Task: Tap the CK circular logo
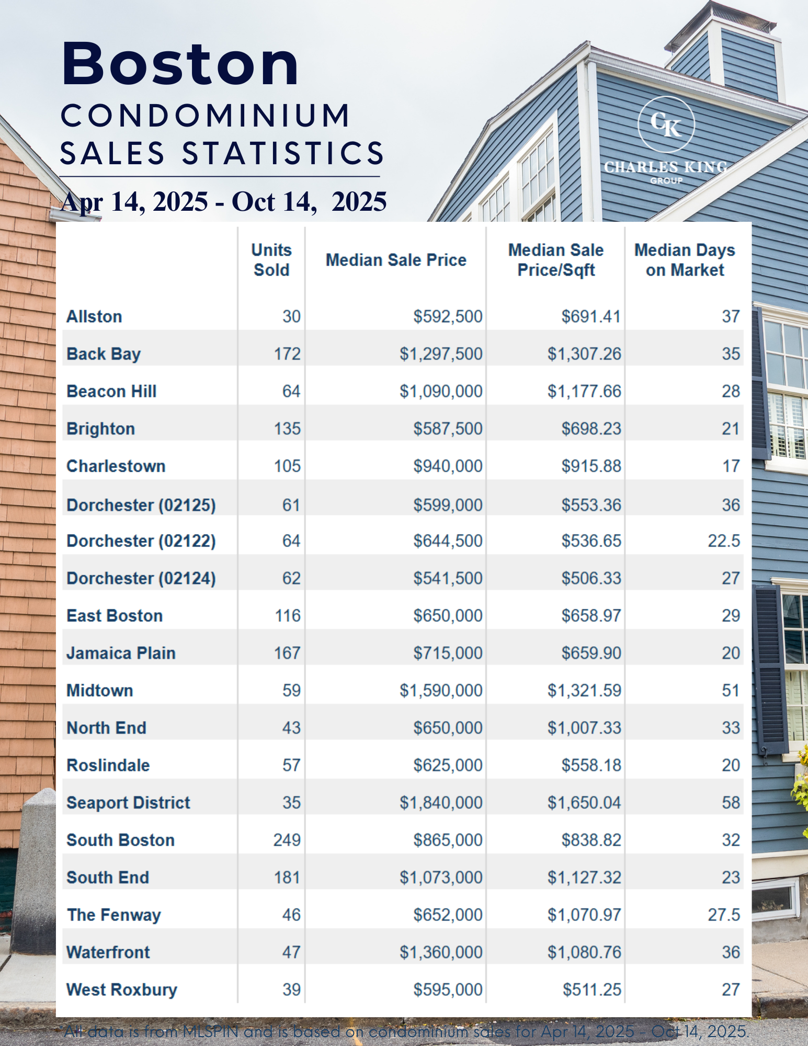[x=666, y=124]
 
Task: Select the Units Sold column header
[x=271, y=260]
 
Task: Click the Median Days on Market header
[x=685, y=260]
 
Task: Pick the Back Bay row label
[x=104, y=354]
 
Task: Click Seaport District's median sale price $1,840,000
[x=441, y=803]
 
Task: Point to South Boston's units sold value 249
[x=287, y=840]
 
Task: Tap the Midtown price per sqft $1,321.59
[x=584, y=690]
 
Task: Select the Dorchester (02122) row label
[x=141, y=541]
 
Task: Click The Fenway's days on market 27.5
[x=724, y=915]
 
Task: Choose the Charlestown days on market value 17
[x=731, y=466]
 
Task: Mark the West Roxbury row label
[x=122, y=990]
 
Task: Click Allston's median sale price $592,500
[x=448, y=316]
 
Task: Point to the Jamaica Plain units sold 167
[x=287, y=653]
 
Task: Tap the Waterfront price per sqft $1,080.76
[x=584, y=952]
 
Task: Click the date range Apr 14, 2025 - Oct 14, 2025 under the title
[x=224, y=202]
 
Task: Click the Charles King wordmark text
[x=666, y=167]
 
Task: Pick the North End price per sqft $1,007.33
[x=584, y=728]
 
